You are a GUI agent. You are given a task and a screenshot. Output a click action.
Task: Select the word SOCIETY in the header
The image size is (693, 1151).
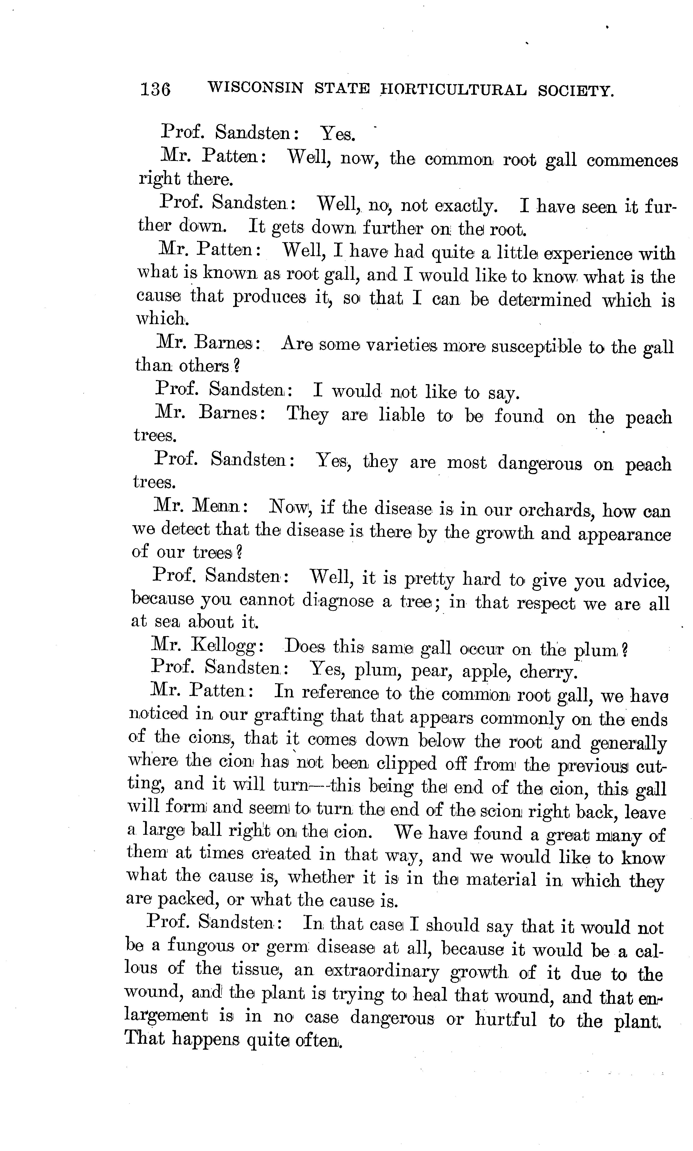pos(575,90)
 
